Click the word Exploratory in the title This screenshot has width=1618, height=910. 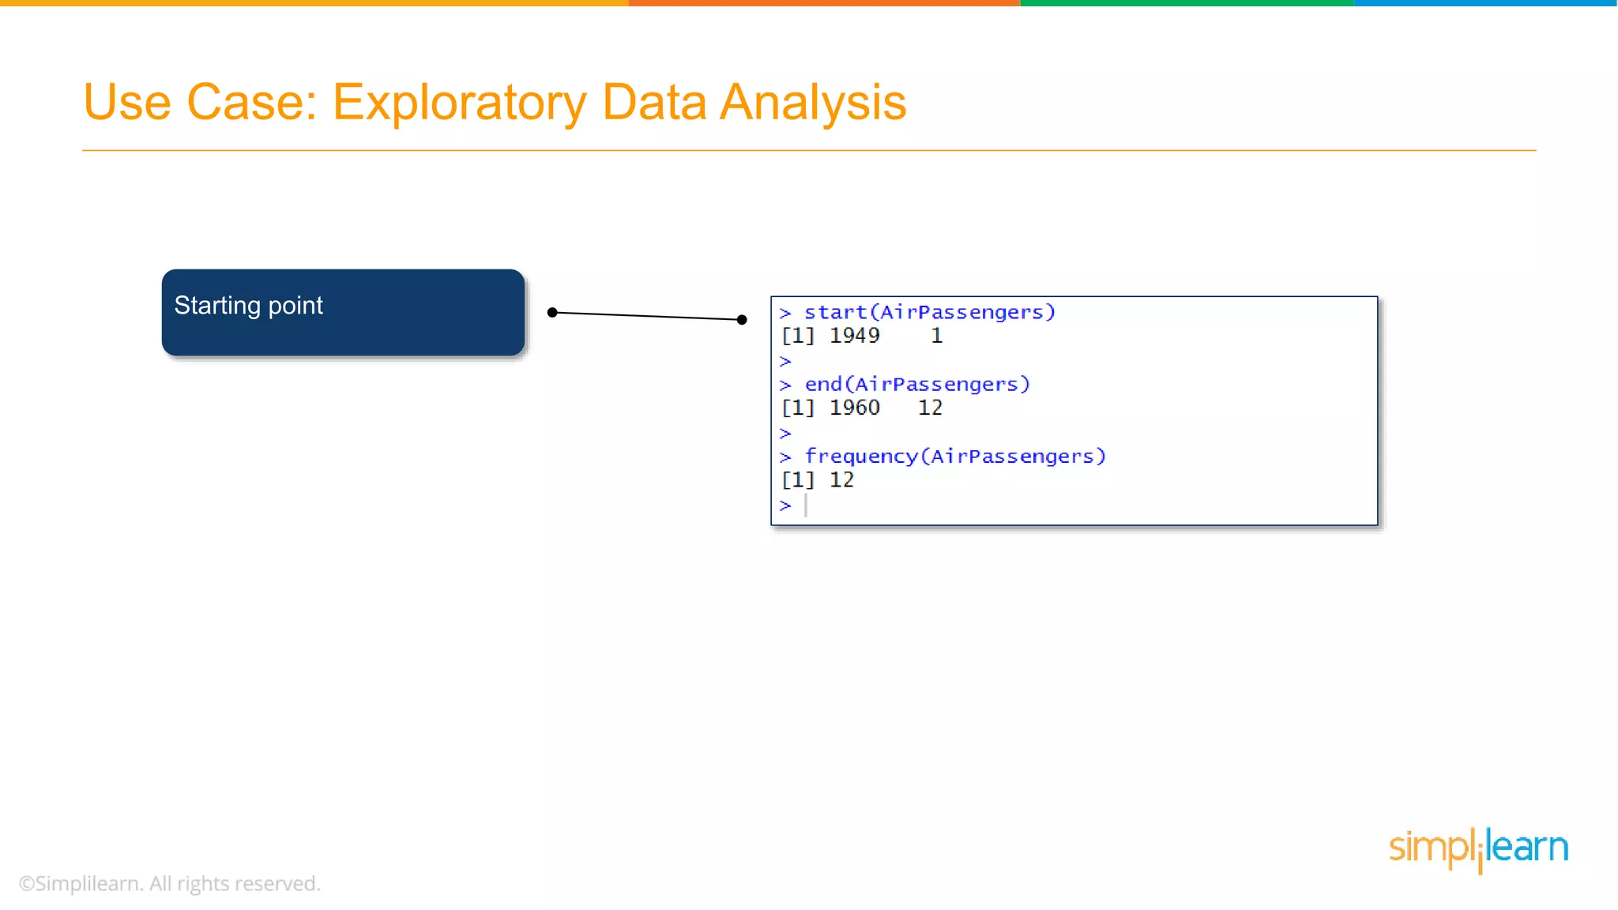(458, 103)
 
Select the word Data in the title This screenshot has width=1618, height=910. (653, 103)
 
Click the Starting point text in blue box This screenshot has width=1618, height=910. (248, 306)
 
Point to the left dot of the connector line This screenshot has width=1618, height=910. (552, 313)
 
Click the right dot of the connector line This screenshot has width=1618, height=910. (742, 320)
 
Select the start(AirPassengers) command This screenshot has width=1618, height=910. (929, 313)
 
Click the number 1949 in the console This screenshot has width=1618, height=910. (854, 336)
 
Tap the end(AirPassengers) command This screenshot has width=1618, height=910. (916, 385)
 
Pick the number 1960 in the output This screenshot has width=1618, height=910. (854, 408)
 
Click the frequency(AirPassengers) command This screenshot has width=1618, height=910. (954, 457)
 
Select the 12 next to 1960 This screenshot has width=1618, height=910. (930, 408)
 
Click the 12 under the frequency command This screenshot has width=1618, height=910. (841, 479)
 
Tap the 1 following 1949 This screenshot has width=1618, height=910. (937, 336)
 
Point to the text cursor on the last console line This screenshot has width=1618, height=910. (806, 506)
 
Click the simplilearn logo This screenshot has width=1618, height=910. (1478, 849)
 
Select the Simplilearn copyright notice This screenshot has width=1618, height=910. (170, 883)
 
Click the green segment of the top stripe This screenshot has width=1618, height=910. (1185, 3)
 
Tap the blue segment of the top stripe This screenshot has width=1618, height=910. (1485, 3)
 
